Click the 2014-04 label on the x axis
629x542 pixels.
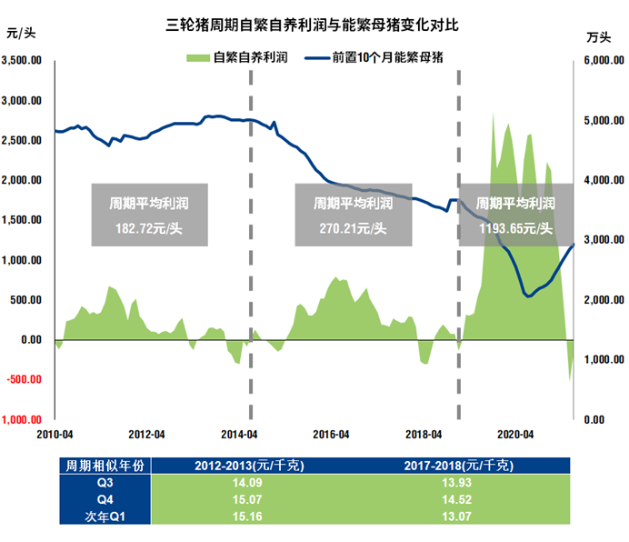click(238, 434)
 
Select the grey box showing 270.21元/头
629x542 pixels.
click(353, 216)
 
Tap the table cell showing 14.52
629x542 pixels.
click(459, 500)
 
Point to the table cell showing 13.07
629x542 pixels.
click(459, 517)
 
